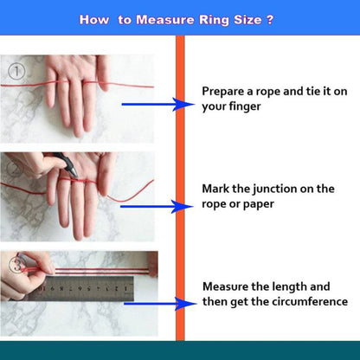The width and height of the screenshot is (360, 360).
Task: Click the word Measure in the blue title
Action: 165,20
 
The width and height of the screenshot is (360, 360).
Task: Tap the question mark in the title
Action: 269,20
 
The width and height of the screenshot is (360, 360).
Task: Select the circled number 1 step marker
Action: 16,71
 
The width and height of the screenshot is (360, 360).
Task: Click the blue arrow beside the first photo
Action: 158,104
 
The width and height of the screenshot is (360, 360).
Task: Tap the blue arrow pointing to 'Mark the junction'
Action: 157,207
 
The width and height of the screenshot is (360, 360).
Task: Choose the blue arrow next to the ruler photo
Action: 160,304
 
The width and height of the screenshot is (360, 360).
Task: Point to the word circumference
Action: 310,301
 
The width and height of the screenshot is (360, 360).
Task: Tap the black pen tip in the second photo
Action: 75,174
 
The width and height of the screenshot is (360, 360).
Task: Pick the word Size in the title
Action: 247,20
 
